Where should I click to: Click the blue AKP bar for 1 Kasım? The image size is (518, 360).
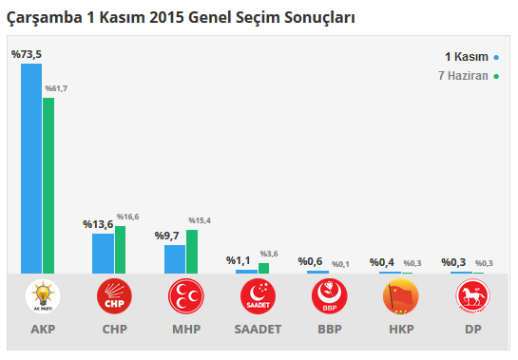click(x=31, y=168)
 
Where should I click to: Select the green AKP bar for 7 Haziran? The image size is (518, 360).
click(x=48, y=185)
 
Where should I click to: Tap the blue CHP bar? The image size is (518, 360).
click(x=103, y=253)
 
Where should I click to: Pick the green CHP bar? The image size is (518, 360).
click(x=120, y=249)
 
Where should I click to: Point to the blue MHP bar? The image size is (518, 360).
click(x=175, y=258)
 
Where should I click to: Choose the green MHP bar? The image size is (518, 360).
click(x=192, y=251)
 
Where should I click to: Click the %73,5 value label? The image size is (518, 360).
click(x=26, y=55)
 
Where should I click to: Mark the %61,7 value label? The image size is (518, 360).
click(x=56, y=88)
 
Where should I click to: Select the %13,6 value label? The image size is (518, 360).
click(x=98, y=224)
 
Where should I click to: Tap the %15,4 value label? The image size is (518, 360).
click(x=200, y=220)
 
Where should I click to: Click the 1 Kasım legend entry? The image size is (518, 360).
click(x=471, y=56)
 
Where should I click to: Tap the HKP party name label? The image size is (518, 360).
click(x=400, y=331)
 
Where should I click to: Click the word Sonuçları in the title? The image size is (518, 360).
click(x=316, y=17)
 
